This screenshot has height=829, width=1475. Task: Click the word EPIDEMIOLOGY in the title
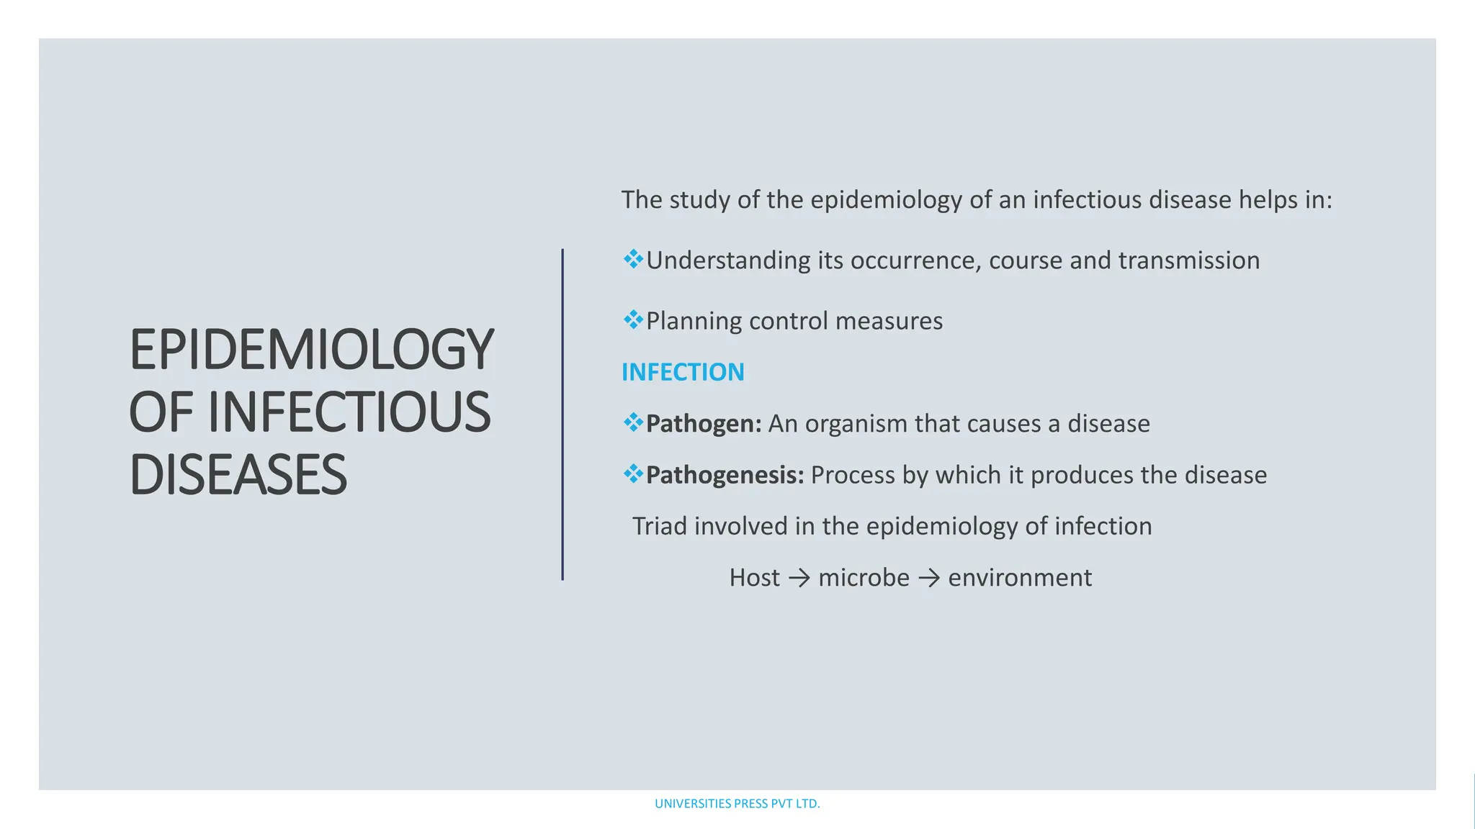coord(311,350)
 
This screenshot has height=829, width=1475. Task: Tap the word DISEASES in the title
coord(238,476)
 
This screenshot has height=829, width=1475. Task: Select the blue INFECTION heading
coord(683,372)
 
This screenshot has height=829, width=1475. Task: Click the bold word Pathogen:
coord(704,424)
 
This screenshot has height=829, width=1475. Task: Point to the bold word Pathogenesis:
coord(725,475)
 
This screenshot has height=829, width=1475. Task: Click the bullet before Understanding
coord(633,259)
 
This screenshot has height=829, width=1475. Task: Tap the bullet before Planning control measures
coord(633,320)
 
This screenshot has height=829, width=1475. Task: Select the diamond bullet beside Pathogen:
coord(633,422)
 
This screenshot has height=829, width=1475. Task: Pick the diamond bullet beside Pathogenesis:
coord(633,474)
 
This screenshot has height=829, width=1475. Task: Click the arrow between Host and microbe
coord(799,578)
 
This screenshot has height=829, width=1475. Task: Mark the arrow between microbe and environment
coord(929,578)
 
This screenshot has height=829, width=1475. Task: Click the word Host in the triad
coord(754,578)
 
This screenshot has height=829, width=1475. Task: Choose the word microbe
coord(864,578)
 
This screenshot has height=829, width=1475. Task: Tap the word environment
coord(1020,578)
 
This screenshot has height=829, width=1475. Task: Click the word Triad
coord(659,526)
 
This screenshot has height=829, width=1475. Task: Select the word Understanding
coord(728,261)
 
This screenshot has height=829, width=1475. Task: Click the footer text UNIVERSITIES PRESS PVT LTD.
coord(737,804)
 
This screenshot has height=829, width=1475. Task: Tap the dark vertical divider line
coord(562,414)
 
